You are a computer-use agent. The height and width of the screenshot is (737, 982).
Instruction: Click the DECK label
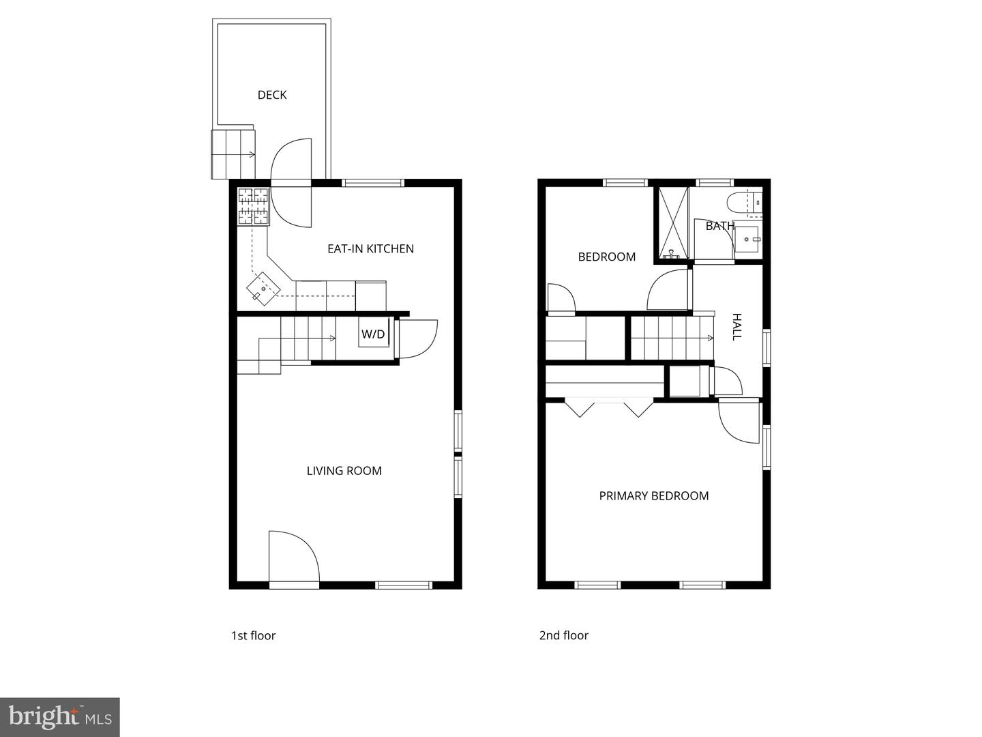(x=272, y=95)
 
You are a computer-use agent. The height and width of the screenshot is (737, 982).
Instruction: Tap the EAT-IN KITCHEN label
(x=370, y=248)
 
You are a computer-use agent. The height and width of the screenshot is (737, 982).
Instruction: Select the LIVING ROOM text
(x=344, y=470)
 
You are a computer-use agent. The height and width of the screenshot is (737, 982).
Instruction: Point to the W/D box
(x=373, y=334)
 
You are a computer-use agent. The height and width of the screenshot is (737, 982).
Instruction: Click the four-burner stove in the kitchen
(x=253, y=206)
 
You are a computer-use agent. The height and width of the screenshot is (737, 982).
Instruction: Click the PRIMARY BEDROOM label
(x=653, y=496)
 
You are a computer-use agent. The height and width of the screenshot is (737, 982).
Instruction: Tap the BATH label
(x=720, y=226)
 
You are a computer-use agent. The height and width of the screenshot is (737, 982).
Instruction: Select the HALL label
(x=736, y=327)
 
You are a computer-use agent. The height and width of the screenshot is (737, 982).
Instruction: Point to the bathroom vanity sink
(x=748, y=240)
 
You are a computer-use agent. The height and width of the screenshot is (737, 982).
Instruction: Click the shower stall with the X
(x=672, y=223)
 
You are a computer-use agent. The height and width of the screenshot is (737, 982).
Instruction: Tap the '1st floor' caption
(x=253, y=635)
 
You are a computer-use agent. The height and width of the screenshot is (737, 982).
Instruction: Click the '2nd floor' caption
(x=563, y=635)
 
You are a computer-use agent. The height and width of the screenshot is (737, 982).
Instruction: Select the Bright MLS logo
(x=59, y=717)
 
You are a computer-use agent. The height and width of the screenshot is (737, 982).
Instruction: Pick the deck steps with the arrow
(x=233, y=153)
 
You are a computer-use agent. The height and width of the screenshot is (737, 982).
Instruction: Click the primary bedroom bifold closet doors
(x=609, y=407)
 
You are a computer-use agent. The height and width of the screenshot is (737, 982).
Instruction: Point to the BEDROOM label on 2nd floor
(x=606, y=257)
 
